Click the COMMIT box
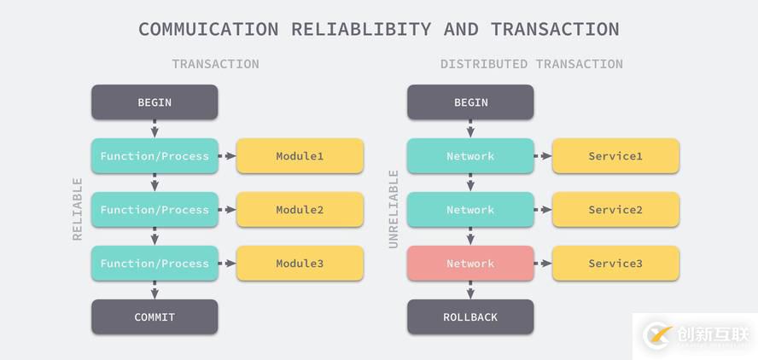pyautogui.click(x=155, y=316)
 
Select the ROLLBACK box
pyautogui.click(x=470, y=316)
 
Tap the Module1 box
pyautogui.click(x=300, y=156)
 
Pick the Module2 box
pyautogui.click(x=300, y=210)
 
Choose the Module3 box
pyautogui.click(x=300, y=264)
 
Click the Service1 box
pyautogui.click(x=615, y=156)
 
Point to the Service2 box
pyautogui.click(x=615, y=210)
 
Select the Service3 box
pyautogui.click(x=615, y=264)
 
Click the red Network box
pyautogui.click(x=470, y=264)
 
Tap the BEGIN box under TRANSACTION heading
pyautogui.click(x=155, y=102)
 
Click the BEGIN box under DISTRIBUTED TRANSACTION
pyautogui.click(x=470, y=102)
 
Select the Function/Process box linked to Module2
pyautogui.click(x=155, y=210)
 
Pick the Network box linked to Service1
pyautogui.click(x=470, y=156)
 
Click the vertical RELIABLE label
pyautogui.click(x=78, y=209)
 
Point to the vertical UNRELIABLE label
pyautogui.click(x=394, y=209)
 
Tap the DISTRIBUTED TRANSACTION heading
pyautogui.click(x=531, y=64)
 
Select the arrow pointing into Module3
pyautogui.click(x=227, y=264)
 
